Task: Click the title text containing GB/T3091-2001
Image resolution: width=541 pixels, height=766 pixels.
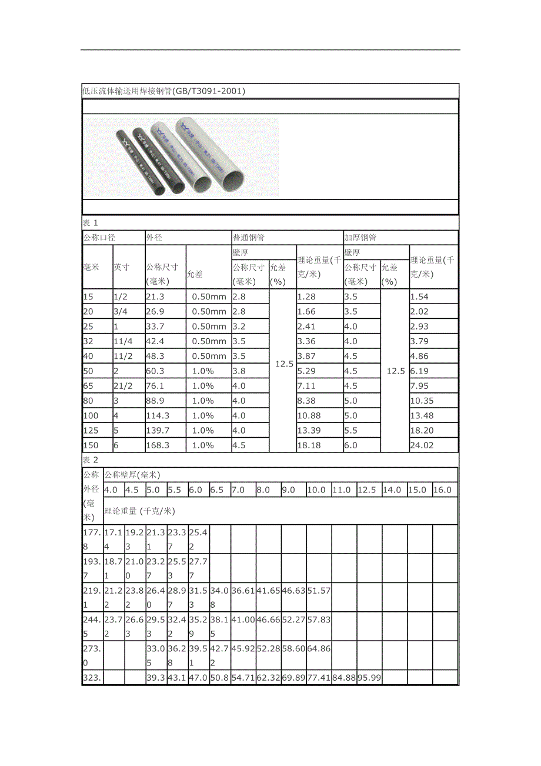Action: tap(163, 91)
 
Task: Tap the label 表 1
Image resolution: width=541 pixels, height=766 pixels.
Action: tap(90, 223)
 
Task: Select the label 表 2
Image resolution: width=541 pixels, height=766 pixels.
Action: tap(90, 460)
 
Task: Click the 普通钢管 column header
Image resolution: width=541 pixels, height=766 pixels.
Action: tap(249, 238)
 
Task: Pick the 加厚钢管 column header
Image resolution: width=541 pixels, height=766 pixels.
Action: tap(360, 238)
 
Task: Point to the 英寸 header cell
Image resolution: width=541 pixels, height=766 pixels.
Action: tap(122, 267)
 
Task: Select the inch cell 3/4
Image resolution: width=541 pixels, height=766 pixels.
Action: tap(120, 312)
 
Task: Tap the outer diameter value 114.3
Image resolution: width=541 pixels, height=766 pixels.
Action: tap(158, 416)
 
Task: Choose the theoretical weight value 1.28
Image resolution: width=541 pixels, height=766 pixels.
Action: tap(307, 297)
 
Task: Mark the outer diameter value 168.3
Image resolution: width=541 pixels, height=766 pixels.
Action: tap(158, 445)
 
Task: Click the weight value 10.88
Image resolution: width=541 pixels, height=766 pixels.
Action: tap(309, 416)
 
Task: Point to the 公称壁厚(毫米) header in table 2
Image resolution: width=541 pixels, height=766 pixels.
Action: tap(132, 475)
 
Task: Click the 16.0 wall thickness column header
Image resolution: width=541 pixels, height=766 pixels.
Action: tap(442, 490)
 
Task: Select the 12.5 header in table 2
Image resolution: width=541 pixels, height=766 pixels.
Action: tap(366, 490)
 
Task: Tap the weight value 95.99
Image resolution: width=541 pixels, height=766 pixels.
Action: tap(369, 678)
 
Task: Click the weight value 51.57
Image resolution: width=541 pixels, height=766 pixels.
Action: tap(319, 591)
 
